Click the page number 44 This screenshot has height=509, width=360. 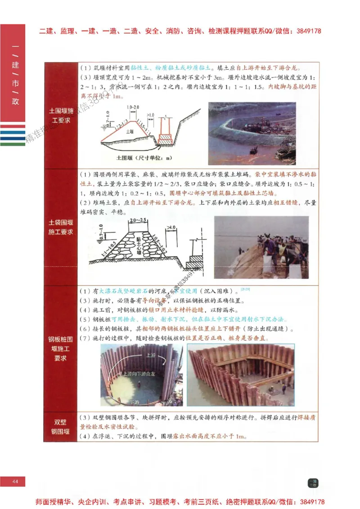pos(15,482)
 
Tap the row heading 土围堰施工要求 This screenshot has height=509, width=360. pos(61,116)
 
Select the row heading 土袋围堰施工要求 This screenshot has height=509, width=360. pos(61,227)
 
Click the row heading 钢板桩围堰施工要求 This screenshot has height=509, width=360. pos(61,348)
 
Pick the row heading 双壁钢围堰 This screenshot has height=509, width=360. pos(61,427)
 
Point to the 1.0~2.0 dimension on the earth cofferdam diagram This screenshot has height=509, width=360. pos(133,107)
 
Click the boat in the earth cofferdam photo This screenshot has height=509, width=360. pos(254,149)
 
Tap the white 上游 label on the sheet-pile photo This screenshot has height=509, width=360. pos(151,355)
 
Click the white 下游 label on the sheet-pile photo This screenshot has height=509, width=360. pos(134,402)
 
